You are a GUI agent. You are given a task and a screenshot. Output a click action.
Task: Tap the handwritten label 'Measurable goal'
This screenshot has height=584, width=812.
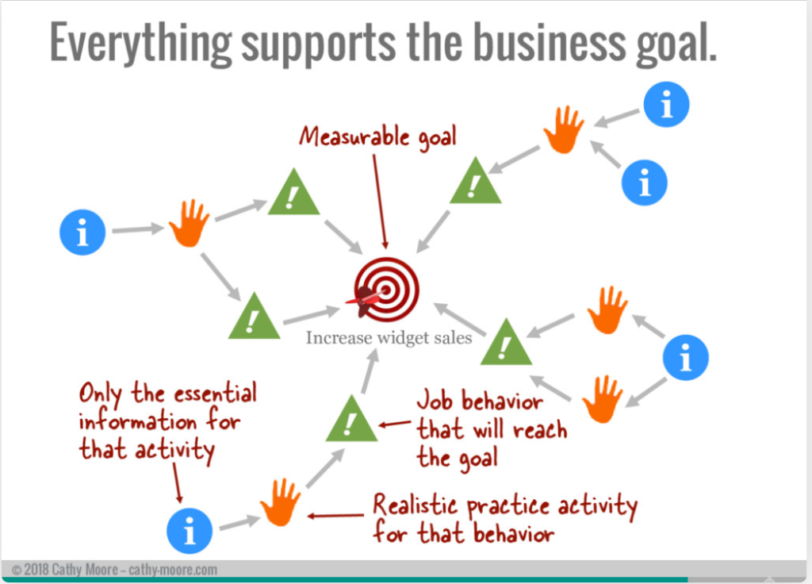377,136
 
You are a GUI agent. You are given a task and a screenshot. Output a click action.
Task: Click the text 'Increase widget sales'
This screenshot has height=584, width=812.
389,338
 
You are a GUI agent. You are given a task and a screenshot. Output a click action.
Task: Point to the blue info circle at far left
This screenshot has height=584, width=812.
82,232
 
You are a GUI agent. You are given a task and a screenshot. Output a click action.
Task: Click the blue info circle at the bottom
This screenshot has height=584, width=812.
190,531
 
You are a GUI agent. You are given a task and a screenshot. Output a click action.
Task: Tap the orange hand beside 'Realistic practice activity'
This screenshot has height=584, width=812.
280,503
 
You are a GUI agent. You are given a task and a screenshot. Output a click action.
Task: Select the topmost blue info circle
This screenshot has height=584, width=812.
666,104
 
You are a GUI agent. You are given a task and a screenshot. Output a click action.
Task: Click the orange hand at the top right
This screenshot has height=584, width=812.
564,129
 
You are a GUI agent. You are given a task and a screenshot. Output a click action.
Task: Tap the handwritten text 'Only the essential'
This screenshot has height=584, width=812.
168,394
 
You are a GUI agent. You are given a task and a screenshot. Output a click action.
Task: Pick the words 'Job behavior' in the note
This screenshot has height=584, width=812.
480,401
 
